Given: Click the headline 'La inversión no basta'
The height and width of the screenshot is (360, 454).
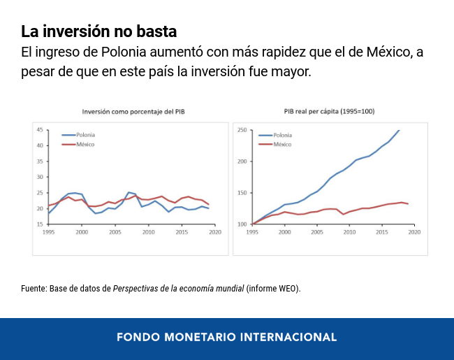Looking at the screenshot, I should pyautogui.click(x=98, y=31).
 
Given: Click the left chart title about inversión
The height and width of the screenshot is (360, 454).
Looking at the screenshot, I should pyautogui.click(x=133, y=111).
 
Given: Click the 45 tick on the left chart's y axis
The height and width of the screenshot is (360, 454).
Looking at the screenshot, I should pyautogui.click(x=39, y=130).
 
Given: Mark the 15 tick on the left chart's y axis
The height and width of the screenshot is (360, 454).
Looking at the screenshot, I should pyautogui.click(x=39, y=224).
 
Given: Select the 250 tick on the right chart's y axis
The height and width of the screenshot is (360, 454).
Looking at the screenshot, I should pyautogui.click(x=242, y=130).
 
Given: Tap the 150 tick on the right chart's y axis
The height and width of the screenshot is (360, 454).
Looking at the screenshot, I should pyautogui.click(x=242, y=193).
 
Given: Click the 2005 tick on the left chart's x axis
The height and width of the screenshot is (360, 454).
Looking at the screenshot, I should pyautogui.click(x=115, y=231).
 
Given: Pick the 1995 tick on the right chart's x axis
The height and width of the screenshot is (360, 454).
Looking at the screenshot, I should pyautogui.click(x=252, y=231).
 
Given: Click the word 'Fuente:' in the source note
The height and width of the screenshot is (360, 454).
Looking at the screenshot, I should pyautogui.click(x=34, y=288).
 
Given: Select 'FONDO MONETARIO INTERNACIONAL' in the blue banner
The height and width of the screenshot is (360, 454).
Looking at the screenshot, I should pyautogui.click(x=226, y=337).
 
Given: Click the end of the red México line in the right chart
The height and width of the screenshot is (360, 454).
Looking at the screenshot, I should pyautogui.click(x=408, y=203).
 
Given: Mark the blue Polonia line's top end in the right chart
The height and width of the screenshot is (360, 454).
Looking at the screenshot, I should pyautogui.click(x=400, y=130).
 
